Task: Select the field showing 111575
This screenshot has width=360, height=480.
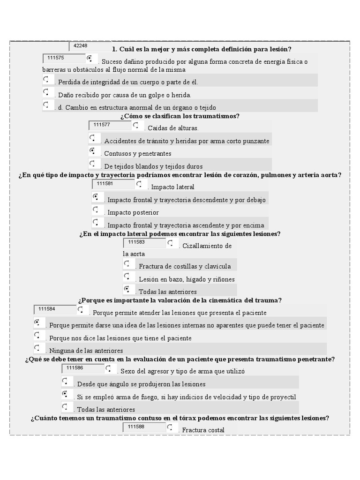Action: [x=64, y=59]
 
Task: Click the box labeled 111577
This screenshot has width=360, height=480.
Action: [x=110, y=125]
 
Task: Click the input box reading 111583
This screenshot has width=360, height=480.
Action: [x=144, y=242]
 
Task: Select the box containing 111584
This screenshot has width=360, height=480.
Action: [x=55, y=309]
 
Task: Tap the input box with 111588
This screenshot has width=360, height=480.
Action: [x=144, y=427]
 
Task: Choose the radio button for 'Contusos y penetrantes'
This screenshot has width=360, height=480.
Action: [x=93, y=150]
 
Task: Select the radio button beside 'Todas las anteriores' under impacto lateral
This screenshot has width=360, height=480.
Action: [x=127, y=289]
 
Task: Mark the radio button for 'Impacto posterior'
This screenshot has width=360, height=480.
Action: [x=96, y=210]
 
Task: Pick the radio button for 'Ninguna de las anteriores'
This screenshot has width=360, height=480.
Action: [x=37, y=347]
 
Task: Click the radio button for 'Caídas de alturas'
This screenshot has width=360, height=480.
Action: [x=136, y=125]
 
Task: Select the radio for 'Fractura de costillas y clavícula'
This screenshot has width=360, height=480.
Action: [x=127, y=263]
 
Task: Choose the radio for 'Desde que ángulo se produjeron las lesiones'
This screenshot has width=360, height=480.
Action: [x=65, y=381]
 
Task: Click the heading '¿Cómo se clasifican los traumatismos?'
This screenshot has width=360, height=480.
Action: [x=180, y=116]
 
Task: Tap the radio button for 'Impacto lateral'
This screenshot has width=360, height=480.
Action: [x=140, y=184]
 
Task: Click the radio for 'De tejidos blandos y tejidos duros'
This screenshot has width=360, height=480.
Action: [x=93, y=163]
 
